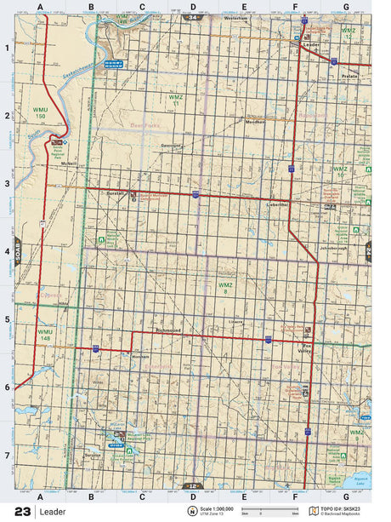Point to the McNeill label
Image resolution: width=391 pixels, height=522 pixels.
[69, 163]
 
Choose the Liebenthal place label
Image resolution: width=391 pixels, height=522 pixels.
[278, 205]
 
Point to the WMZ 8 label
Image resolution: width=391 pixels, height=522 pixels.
[224, 287]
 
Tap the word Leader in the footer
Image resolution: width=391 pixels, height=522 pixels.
[52, 511]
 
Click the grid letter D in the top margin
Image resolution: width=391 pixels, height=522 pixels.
[193, 7]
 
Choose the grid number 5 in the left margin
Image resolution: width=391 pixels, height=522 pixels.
[7, 319]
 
